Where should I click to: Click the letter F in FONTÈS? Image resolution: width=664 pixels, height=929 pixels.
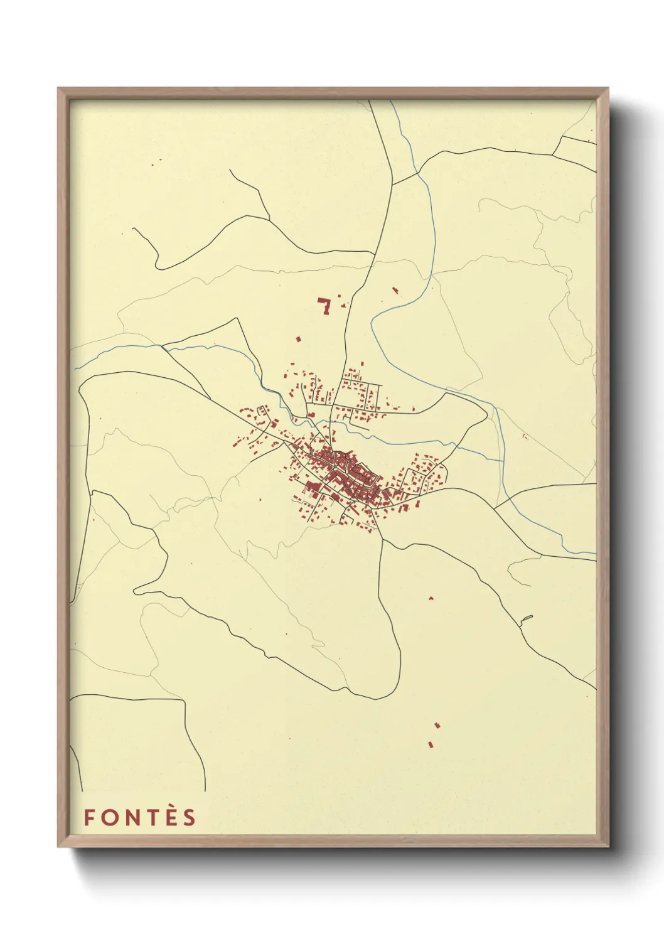pos(89,817)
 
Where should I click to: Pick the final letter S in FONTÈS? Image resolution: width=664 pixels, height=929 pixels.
pos(189,817)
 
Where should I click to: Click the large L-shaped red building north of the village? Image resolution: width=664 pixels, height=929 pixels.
pos(325,306)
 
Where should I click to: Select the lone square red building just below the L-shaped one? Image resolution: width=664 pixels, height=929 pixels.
pos(299,339)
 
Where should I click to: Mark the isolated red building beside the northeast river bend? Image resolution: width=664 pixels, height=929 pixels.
pos(395,290)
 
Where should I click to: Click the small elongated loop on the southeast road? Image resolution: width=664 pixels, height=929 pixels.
pos(526,620)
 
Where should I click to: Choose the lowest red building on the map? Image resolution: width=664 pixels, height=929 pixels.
pos(431,744)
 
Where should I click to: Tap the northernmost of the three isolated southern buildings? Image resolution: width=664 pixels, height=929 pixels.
pos(431,598)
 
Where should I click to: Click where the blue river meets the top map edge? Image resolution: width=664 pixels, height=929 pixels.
pos(392,101)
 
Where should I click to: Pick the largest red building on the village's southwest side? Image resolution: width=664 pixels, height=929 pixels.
pos(311,486)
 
